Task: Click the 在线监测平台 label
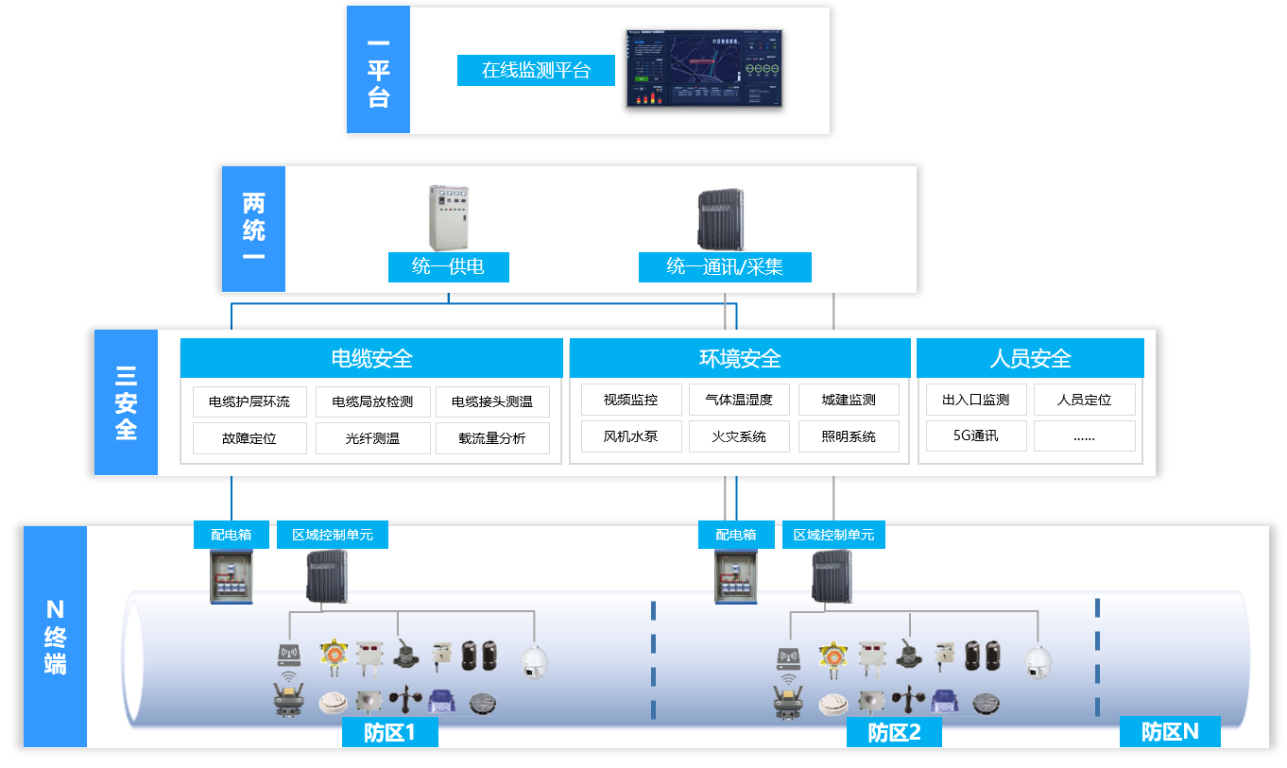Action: (536, 71)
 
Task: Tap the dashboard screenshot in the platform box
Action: (704, 67)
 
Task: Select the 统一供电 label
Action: (448, 267)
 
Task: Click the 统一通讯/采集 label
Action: (725, 267)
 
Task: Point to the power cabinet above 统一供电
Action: (448, 217)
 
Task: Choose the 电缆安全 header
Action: (371, 359)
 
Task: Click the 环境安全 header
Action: (739, 359)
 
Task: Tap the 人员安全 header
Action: (1030, 359)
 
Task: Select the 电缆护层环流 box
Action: (249, 401)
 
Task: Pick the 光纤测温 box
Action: (372, 438)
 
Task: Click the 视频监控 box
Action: (631, 401)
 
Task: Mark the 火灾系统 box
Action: (739, 436)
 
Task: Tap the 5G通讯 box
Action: (976, 436)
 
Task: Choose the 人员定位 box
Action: (1084, 401)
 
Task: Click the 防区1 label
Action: (389, 732)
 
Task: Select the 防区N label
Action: (1170, 731)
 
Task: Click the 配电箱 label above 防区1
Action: (232, 535)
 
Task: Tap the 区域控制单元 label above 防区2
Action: (833, 535)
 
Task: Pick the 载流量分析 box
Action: (492, 438)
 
